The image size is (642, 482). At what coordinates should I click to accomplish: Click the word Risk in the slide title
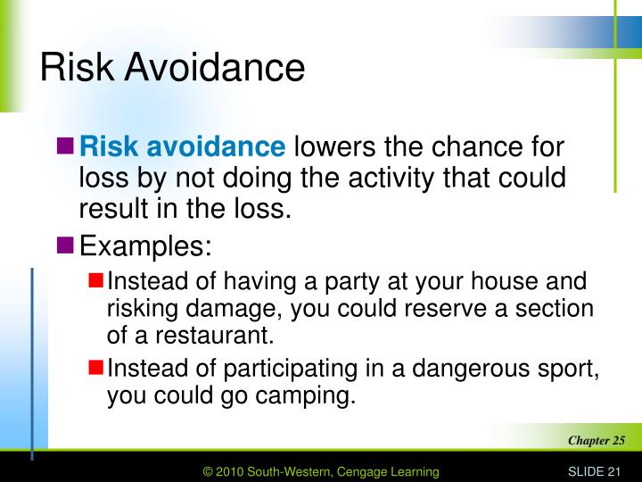tap(76, 68)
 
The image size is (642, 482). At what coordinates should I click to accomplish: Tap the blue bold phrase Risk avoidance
tap(181, 146)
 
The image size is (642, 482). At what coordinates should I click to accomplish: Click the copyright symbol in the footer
tap(210, 470)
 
